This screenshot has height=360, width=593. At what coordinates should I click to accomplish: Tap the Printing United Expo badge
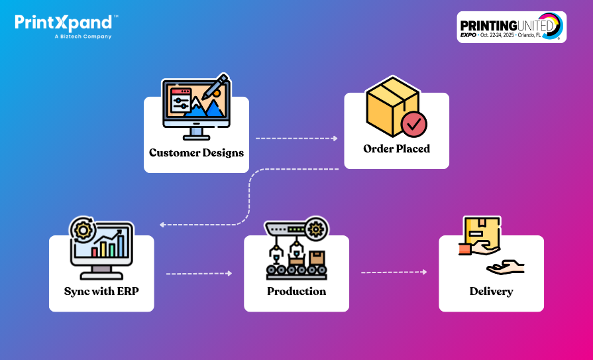[x=511, y=27]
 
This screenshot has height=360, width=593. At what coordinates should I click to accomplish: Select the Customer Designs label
[x=196, y=152]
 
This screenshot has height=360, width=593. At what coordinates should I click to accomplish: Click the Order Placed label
[x=396, y=149]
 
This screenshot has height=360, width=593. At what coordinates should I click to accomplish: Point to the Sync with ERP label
[x=101, y=291]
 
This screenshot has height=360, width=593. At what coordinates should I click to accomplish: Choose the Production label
[x=296, y=291]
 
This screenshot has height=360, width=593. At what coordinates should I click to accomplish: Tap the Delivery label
[x=491, y=291]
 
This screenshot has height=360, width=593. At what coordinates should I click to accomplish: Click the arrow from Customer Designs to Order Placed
[x=296, y=139]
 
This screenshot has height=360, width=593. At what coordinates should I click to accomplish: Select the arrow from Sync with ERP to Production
[x=199, y=273]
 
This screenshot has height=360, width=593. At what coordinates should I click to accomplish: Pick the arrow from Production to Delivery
[x=394, y=272]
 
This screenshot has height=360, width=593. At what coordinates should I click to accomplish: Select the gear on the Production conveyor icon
[x=317, y=229]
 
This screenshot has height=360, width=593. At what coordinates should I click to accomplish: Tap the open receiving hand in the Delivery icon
[x=505, y=267]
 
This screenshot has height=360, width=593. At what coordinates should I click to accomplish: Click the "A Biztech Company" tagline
[x=83, y=36]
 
